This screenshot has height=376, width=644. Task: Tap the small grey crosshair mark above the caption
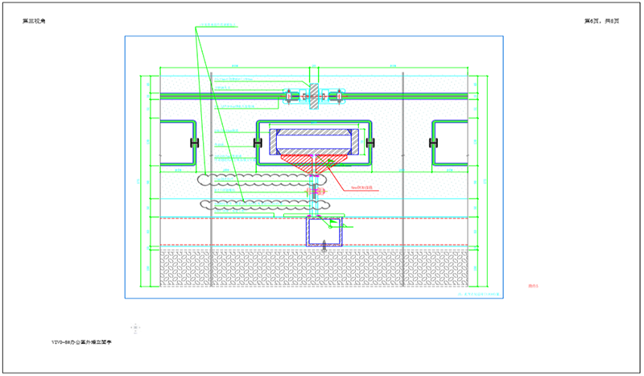[x=136, y=327]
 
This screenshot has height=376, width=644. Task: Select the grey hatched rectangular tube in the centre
[x=314, y=141]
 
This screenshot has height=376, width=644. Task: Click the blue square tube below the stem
[x=324, y=230]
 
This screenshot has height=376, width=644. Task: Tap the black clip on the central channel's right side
[x=371, y=143]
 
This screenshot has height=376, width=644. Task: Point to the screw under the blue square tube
[x=324, y=248]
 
